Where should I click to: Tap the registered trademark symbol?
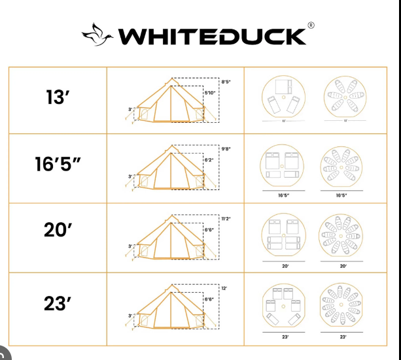coord(311,25)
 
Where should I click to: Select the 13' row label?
coord(58,98)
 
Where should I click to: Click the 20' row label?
coord(58,231)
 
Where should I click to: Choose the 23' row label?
coord(58,304)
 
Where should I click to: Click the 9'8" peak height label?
coord(227,149)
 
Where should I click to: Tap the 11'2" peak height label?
coord(227,218)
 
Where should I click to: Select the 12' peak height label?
coord(224,287)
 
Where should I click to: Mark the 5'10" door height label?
coord(210,93)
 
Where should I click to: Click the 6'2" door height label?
coord(209,160)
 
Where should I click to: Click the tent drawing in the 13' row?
coord(171,103)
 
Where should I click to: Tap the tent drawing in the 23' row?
coord(171,306)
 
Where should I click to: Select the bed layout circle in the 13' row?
coord(283,99)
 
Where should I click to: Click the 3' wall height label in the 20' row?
coord(130,246)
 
